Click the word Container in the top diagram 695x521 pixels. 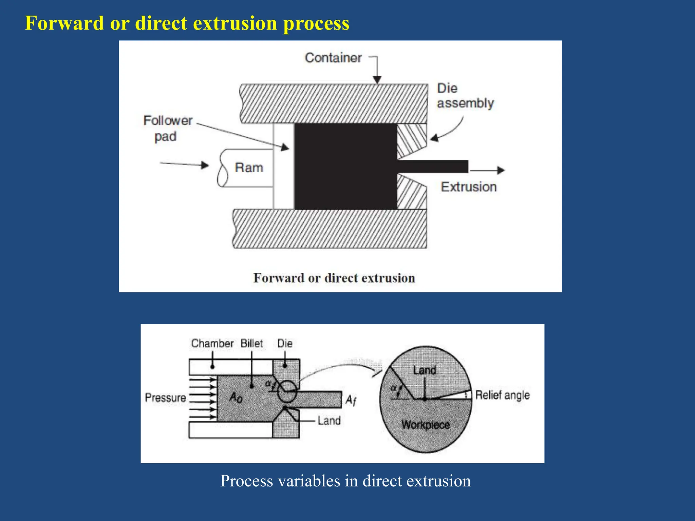(333, 58)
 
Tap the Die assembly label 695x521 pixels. (465, 96)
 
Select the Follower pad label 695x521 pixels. (168, 129)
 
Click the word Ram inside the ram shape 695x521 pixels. (249, 168)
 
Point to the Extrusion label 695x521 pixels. (469, 187)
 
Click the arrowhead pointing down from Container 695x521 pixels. (377, 80)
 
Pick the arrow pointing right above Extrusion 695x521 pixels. (488, 170)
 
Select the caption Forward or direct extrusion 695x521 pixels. (334, 278)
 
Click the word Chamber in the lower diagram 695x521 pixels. (212, 343)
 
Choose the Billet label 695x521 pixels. (251, 343)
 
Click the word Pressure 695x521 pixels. (165, 398)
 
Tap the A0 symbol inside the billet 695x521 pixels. (236, 397)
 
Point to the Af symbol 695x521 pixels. (351, 401)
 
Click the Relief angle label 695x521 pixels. (502, 395)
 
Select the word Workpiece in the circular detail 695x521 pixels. (426, 425)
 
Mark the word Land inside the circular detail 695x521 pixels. (424, 370)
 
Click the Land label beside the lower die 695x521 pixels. (329, 421)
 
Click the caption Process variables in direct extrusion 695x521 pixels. (345, 481)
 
